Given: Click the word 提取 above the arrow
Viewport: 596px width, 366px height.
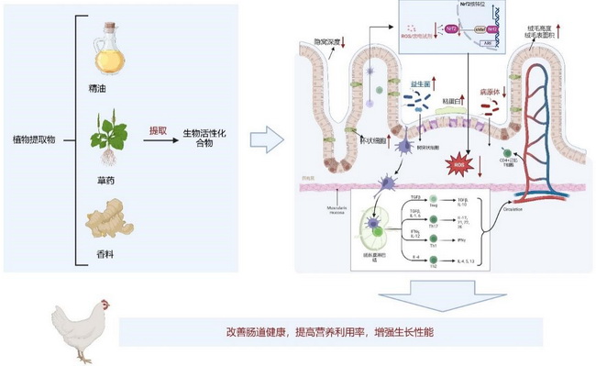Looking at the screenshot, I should pos(159,131).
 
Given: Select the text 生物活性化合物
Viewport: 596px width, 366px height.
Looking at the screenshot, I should pos(204,139).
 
